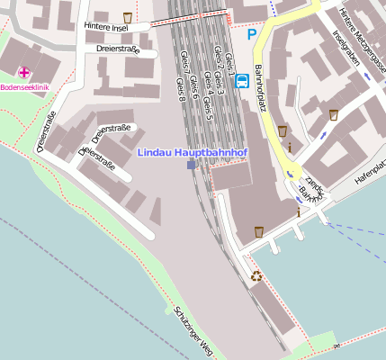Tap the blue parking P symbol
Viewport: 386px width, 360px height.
252,34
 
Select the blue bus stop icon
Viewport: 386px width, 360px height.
241,81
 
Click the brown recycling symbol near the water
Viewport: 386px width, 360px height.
256,276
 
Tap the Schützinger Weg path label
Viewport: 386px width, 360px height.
193,330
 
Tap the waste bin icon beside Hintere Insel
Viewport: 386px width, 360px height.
128,17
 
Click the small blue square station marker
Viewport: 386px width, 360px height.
191,166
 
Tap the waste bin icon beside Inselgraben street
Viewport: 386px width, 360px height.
333,114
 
